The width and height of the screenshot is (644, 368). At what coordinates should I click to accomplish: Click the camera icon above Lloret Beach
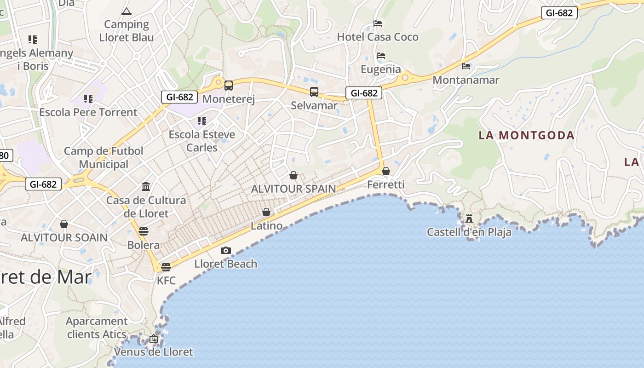[x=225, y=250]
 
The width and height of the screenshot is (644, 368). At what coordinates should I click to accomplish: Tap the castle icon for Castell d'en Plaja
[x=469, y=218]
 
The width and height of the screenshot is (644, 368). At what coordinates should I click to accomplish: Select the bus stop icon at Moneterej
[x=228, y=85]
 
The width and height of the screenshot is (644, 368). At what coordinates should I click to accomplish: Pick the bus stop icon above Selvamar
[x=314, y=92]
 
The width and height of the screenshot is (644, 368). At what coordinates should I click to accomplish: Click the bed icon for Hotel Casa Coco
[x=378, y=23]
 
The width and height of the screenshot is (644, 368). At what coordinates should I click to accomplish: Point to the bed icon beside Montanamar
[x=466, y=66]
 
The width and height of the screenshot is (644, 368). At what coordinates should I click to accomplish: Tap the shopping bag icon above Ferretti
[x=386, y=171]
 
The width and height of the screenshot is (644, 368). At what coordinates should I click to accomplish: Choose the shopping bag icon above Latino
[x=266, y=212]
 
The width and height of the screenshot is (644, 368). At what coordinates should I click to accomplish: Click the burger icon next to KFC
[x=166, y=267]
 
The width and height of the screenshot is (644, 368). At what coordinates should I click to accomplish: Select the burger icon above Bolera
[x=144, y=231]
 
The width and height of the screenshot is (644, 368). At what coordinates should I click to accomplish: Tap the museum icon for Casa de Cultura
[x=146, y=186]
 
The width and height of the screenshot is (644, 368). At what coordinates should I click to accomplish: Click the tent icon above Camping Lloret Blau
[x=126, y=11]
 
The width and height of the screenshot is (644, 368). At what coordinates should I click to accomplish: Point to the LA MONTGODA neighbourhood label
[x=526, y=135]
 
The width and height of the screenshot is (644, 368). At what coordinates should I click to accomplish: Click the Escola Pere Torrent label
[x=88, y=112]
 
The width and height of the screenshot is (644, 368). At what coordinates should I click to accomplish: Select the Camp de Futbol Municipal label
[x=103, y=157]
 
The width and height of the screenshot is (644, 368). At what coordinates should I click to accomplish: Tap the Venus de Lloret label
[x=153, y=352]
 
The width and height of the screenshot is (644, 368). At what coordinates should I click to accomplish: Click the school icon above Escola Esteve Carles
[x=201, y=121]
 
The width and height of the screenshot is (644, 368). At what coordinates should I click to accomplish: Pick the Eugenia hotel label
[x=381, y=69]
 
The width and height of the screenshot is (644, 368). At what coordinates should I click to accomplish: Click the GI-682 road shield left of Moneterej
[x=179, y=97]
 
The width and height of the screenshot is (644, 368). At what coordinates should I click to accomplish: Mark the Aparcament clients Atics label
[x=97, y=328]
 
